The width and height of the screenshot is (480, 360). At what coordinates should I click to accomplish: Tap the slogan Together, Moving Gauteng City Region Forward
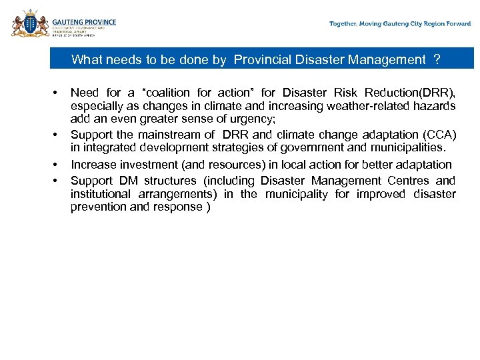point(400,24)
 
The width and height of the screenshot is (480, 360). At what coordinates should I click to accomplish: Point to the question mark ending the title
point(437,60)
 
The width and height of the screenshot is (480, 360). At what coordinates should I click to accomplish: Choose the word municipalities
point(412,147)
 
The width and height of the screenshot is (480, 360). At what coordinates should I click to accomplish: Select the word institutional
point(101,194)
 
